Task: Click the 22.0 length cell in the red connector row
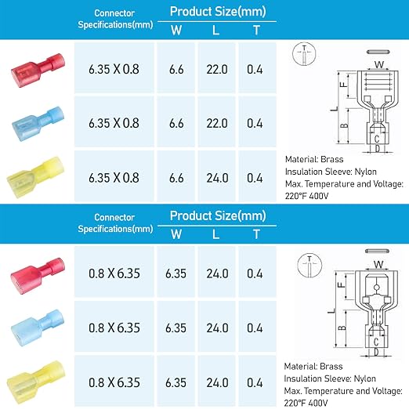tap(217, 69)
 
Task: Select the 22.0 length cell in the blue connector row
tap(217, 123)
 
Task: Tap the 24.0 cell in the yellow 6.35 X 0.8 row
tap(217, 178)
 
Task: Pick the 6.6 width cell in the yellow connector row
tap(176, 178)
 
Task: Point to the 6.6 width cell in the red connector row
tap(176, 69)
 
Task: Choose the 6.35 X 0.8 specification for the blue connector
tap(114, 123)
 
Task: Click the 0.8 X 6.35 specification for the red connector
tap(114, 273)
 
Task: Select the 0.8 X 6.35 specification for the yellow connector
tap(114, 382)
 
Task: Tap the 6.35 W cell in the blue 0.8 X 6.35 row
tap(176, 328)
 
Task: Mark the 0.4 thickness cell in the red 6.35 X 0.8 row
tap(255, 69)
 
